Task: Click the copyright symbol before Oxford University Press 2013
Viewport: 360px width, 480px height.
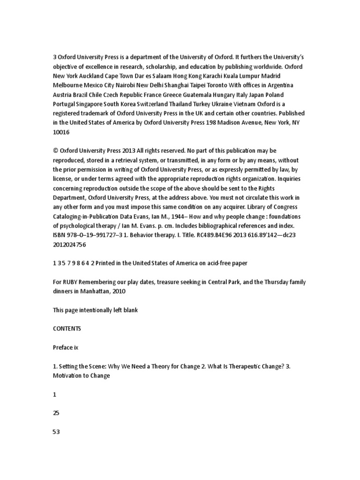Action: (56, 150)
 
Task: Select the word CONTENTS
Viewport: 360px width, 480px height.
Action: (67, 329)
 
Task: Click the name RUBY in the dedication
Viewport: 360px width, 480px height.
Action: (72, 282)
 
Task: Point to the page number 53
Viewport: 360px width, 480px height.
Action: (57, 432)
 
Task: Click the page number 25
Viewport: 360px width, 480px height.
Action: (56, 413)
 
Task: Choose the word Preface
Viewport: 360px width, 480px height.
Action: (62, 347)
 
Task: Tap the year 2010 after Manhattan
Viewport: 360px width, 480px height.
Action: (119, 291)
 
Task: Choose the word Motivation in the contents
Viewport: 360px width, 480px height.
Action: (68, 375)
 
